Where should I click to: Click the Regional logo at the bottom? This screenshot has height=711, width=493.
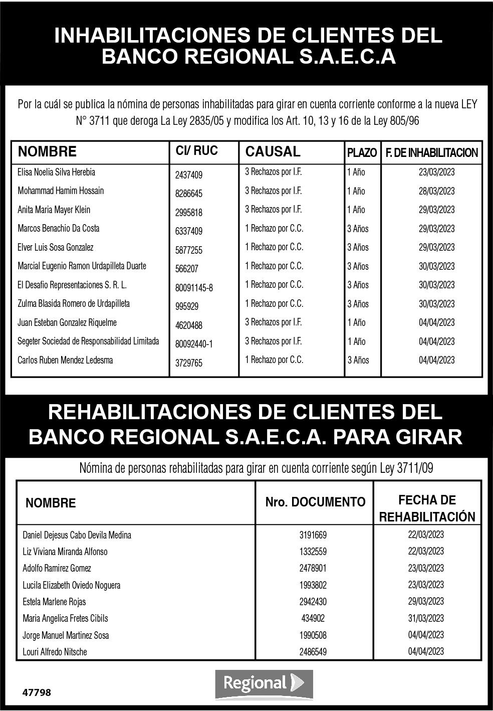pos(264,683)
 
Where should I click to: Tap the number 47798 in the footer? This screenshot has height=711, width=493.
pos(37,693)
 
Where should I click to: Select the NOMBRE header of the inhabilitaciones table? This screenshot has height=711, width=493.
pos(47,151)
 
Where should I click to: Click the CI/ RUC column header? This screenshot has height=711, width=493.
pos(196,150)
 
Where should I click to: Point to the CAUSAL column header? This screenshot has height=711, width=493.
pos(273,151)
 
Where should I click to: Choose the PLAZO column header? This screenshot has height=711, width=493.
pos(362,152)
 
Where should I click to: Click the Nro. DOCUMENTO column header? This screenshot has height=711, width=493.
pos(315,502)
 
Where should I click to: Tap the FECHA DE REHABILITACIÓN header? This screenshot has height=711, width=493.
pos(427,508)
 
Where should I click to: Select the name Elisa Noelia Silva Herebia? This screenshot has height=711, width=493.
pos(56,172)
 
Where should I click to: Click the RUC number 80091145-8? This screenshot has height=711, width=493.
pos(194,288)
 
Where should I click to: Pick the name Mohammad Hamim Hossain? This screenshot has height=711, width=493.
pos(61,191)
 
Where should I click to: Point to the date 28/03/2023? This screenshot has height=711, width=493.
pos(436,191)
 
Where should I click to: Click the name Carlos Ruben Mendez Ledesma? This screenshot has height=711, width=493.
pos(65,360)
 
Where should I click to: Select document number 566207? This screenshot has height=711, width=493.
pos(186,269)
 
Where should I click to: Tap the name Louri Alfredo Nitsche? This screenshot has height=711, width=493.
pos(55,652)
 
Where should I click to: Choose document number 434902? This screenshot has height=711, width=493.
pos(313,618)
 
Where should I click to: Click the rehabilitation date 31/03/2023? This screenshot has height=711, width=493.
pos(426,618)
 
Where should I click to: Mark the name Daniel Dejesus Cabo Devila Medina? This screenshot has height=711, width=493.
pos(77,535)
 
